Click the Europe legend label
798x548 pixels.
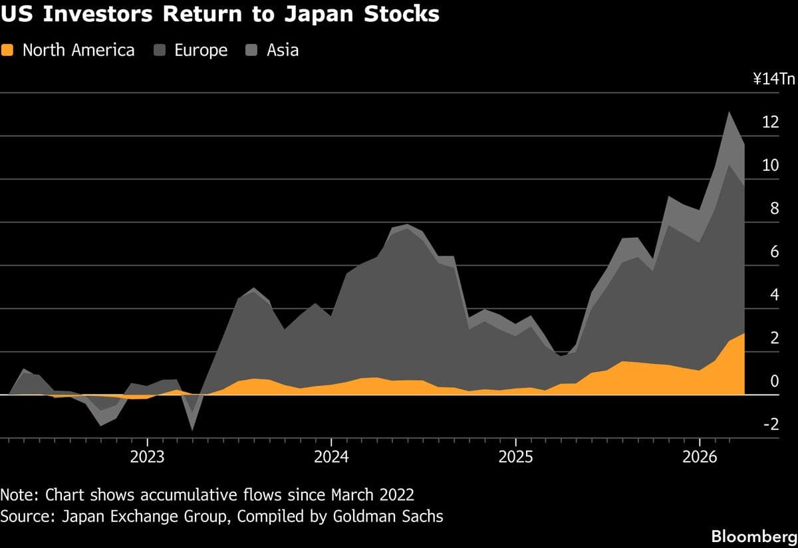(201, 50)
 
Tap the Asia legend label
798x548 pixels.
(283, 50)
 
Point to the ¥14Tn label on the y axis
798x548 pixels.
(774, 80)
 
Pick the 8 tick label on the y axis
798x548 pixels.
(773, 209)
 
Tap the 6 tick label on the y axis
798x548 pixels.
(773, 252)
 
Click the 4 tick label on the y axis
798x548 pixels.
(773, 295)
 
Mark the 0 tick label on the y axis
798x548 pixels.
(773, 381)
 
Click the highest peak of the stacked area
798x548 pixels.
(730, 112)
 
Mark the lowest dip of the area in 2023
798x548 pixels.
(193, 429)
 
